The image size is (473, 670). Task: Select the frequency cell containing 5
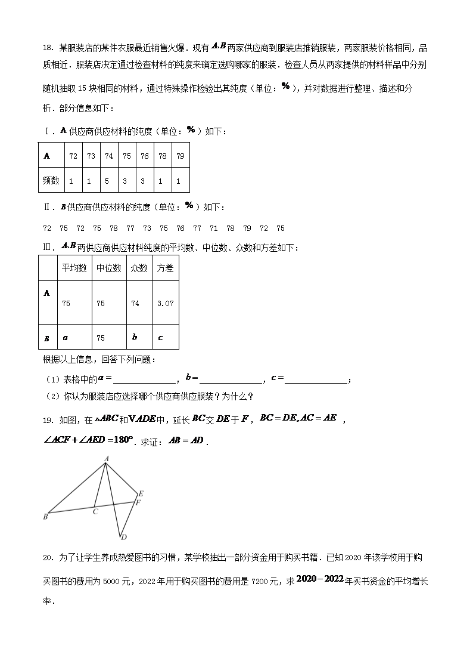109,180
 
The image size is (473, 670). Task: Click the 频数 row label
52,180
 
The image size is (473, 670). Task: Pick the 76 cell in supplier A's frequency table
145,156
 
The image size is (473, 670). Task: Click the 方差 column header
165,268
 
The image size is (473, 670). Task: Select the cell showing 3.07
165,303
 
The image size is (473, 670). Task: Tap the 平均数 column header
74,268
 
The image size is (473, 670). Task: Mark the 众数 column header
139,268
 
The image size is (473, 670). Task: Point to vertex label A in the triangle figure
106,459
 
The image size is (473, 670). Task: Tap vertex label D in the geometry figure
123,537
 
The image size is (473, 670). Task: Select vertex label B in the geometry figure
45,517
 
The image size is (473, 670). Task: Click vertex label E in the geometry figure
141,493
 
